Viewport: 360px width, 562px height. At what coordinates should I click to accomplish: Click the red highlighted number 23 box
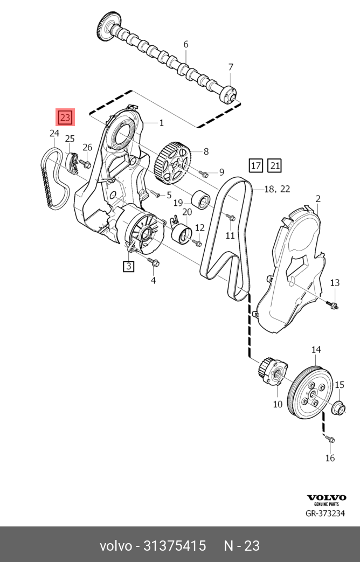coord(65,117)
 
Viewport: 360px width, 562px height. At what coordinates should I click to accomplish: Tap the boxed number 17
coord(255,165)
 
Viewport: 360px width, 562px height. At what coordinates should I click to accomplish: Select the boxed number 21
coord(274,165)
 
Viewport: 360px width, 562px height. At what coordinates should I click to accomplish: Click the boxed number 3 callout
coord(129,266)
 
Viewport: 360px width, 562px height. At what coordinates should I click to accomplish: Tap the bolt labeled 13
coord(333,306)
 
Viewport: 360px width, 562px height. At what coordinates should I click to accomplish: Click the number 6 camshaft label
coord(186,44)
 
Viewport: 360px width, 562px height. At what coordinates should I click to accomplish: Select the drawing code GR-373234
coord(325,513)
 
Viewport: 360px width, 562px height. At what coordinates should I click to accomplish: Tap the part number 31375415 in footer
coord(174,546)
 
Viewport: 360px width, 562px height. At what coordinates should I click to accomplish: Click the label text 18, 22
coord(277,189)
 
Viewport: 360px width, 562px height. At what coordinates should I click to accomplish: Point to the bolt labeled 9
coord(204,174)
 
